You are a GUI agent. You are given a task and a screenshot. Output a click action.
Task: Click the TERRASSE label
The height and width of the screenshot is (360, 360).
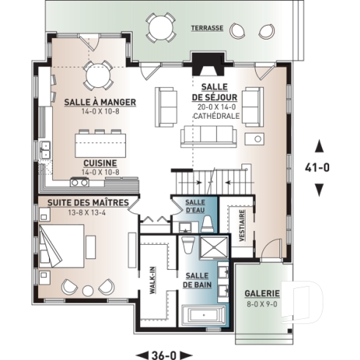tap(207, 27)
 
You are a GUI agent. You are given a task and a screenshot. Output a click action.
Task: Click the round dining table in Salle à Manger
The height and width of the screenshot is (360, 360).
tap(97, 73)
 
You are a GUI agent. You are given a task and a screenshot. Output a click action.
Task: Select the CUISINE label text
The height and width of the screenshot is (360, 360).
tap(101, 162)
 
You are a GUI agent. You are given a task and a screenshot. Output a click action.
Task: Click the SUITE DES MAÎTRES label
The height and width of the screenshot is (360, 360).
tap(89, 202)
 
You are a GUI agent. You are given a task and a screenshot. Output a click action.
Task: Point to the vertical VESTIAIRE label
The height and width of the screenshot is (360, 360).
tap(242, 226)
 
